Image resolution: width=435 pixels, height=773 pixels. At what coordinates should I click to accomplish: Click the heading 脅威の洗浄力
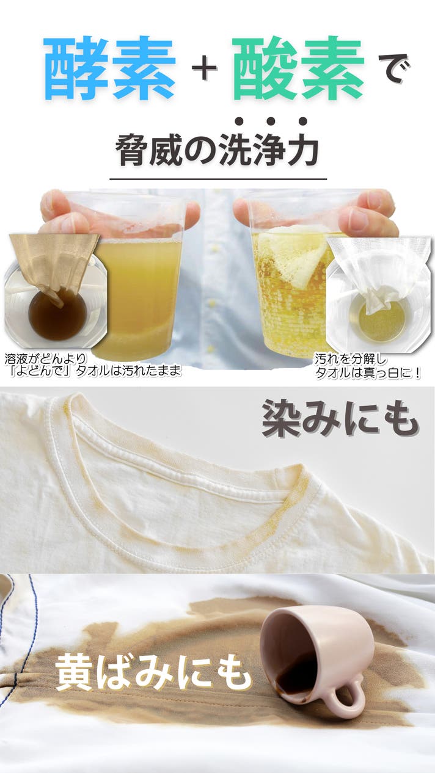pyautogui.click(x=217, y=150)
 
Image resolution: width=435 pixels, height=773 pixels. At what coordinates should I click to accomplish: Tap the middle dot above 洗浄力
pyautogui.click(x=271, y=121)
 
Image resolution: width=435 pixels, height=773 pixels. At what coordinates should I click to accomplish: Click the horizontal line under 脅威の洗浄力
pyautogui.click(x=218, y=179)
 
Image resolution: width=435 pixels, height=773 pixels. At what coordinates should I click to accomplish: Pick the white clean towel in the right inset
pyautogui.click(x=376, y=269)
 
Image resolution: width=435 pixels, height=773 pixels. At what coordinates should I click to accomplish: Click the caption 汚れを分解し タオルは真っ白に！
pyautogui.click(x=367, y=366)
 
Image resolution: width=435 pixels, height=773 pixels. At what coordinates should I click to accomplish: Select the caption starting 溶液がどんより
pyautogui.click(x=92, y=365)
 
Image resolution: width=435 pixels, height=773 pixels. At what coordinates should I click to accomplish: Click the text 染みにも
pyautogui.click(x=340, y=419)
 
